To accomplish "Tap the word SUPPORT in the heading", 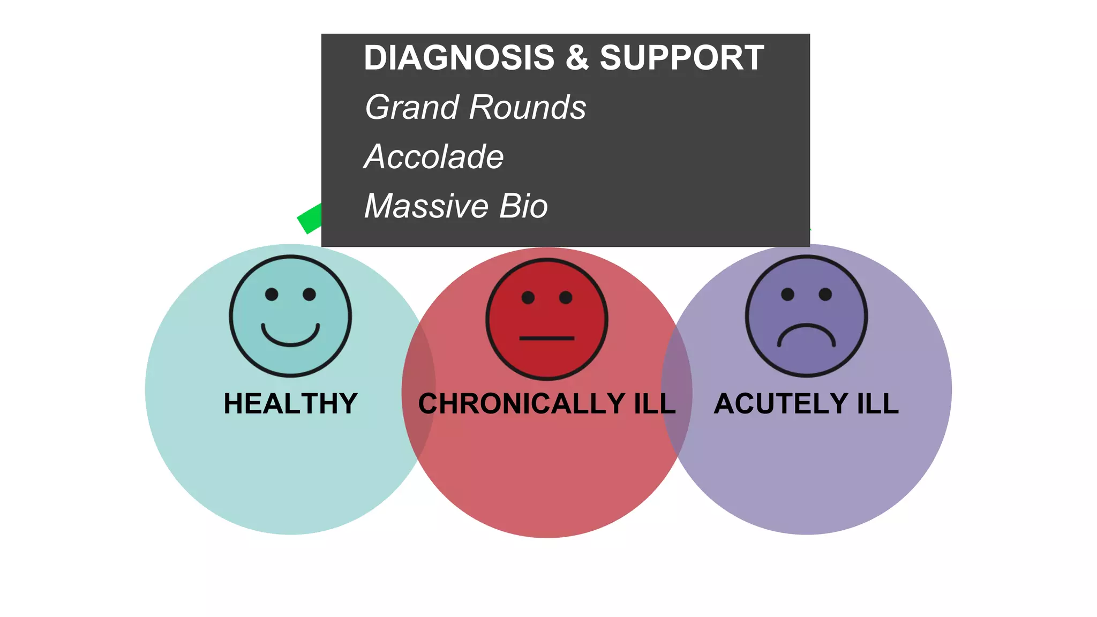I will (682, 58).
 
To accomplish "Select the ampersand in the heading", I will (577, 58).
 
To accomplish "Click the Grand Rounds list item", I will (475, 107).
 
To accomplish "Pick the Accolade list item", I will (434, 157).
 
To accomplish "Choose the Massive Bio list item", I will (456, 206).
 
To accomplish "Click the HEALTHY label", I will (290, 404).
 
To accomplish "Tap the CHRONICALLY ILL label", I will (547, 404).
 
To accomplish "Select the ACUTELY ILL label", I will (806, 404).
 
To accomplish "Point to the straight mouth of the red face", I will (547, 338).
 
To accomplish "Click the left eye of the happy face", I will (272, 294).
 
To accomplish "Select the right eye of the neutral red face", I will (566, 298).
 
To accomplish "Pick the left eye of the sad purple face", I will (787, 294).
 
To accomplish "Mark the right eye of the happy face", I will (309, 294).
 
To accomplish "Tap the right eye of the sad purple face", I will (825, 294).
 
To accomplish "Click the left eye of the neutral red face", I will (528, 298).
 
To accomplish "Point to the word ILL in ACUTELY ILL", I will (877, 404).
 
